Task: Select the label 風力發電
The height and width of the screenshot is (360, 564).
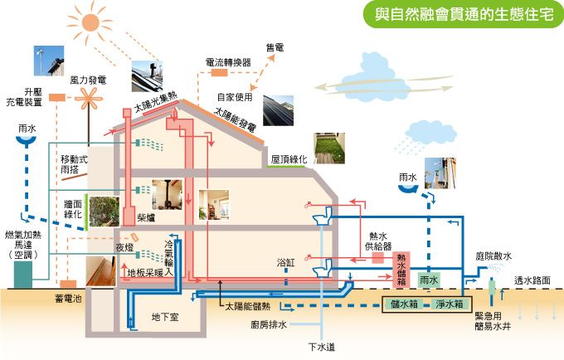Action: tap(88, 80)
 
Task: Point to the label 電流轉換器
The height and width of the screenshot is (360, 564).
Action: tap(228, 62)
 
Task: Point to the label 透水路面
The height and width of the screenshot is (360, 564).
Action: tap(534, 280)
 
